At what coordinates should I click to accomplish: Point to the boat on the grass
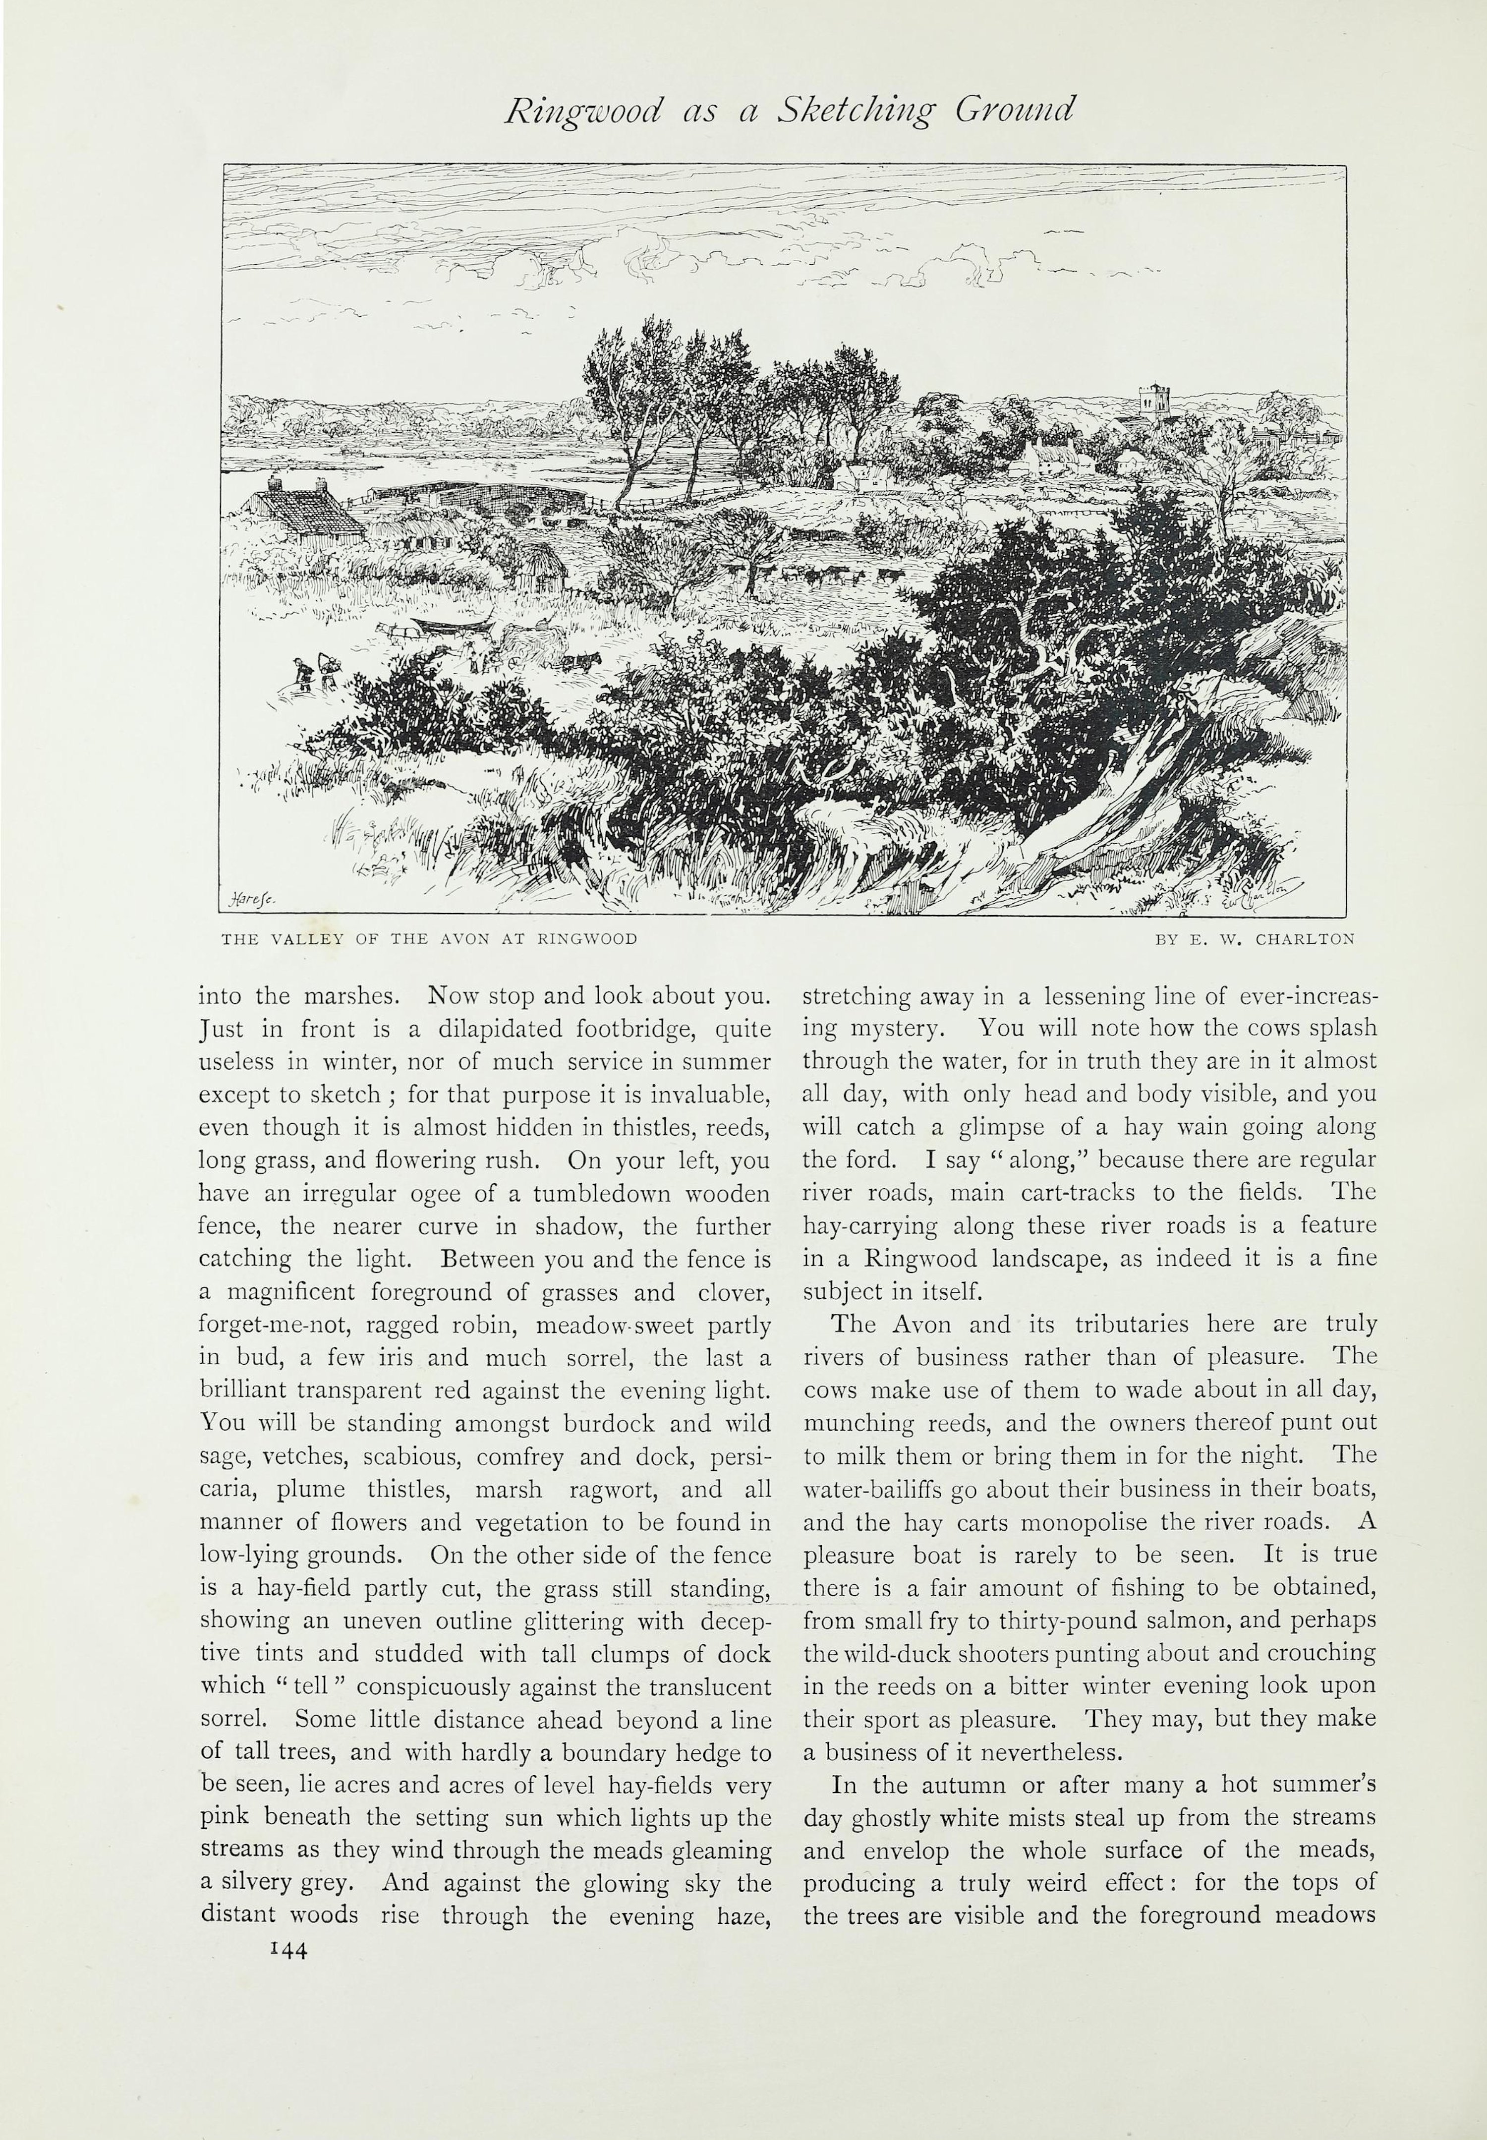pyautogui.click(x=449, y=627)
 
